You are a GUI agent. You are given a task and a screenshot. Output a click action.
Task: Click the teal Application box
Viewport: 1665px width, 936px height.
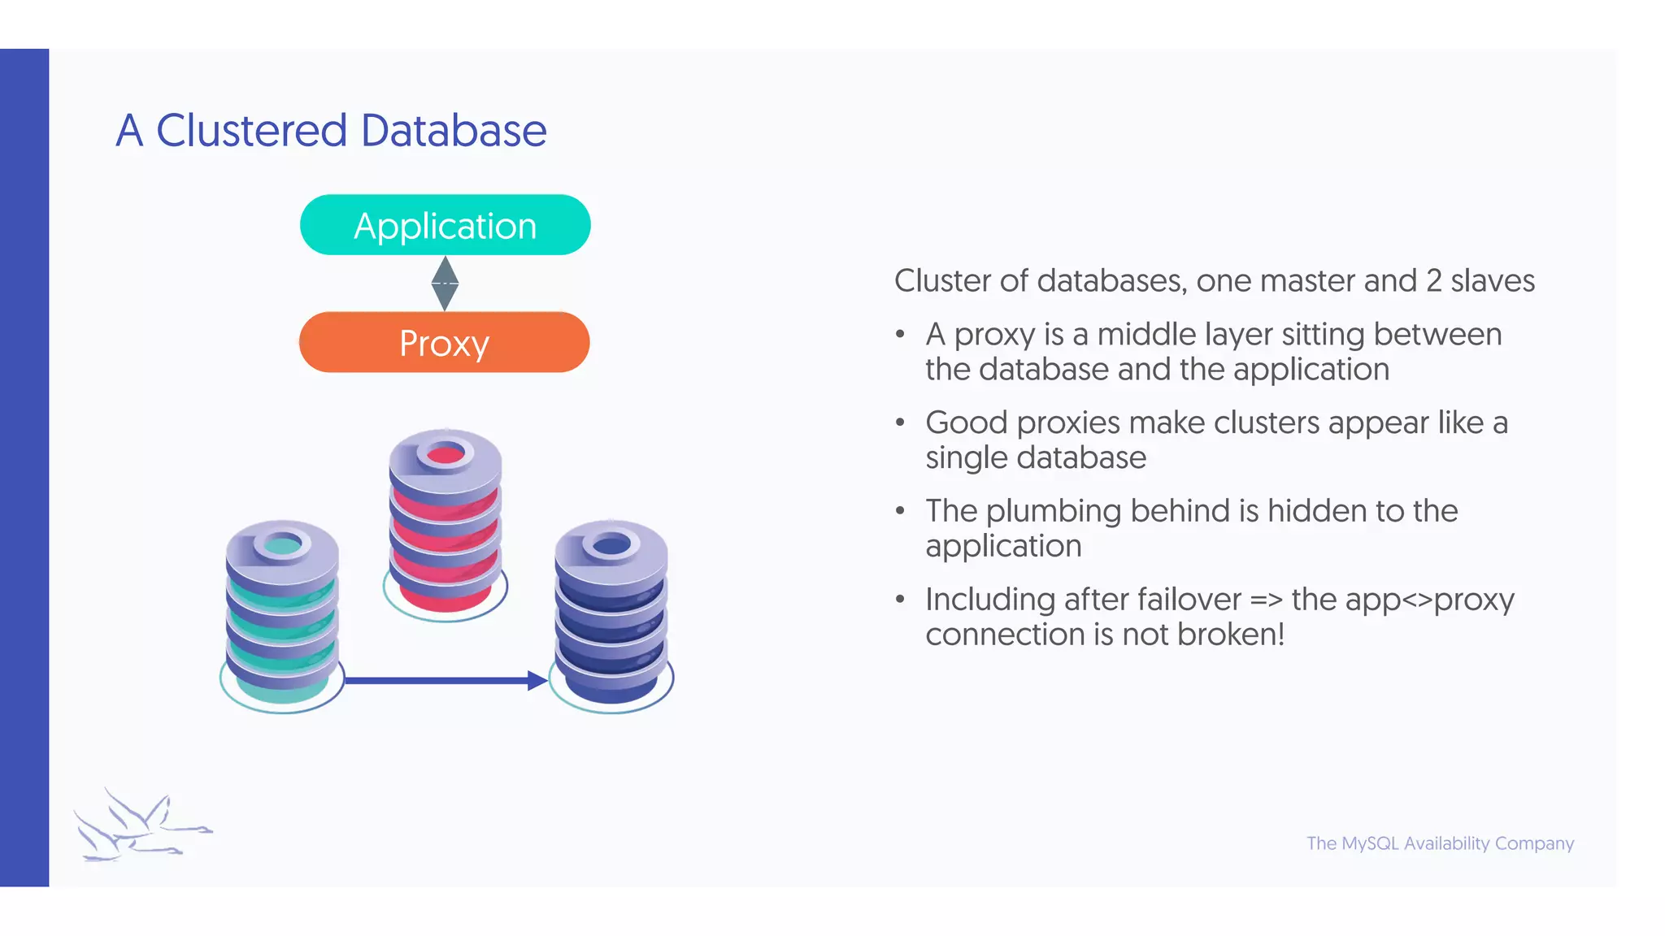pyautogui.click(x=445, y=225)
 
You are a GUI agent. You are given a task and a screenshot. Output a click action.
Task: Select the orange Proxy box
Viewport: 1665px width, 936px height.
pyautogui.click(x=444, y=342)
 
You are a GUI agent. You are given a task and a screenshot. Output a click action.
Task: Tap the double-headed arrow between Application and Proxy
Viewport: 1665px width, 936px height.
pyautogui.click(x=445, y=284)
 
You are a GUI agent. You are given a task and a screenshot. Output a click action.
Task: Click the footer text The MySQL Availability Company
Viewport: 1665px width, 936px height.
pyautogui.click(x=1440, y=843)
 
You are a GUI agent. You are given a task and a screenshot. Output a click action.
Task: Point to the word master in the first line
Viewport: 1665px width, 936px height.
pyautogui.click(x=1303, y=281)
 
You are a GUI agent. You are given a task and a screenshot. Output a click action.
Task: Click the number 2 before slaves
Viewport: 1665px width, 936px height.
pyautogui.click(x=1434, y=281)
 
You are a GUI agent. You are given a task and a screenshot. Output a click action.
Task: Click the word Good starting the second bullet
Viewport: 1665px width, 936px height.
pyautogui.click(x=967, y=422)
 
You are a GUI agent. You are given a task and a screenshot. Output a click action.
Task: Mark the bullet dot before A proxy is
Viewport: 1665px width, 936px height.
pyautogui.click(x=900, y=335)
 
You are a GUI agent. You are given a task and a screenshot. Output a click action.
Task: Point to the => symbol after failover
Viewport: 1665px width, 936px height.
pyautogui.click(x=1266, y=600)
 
